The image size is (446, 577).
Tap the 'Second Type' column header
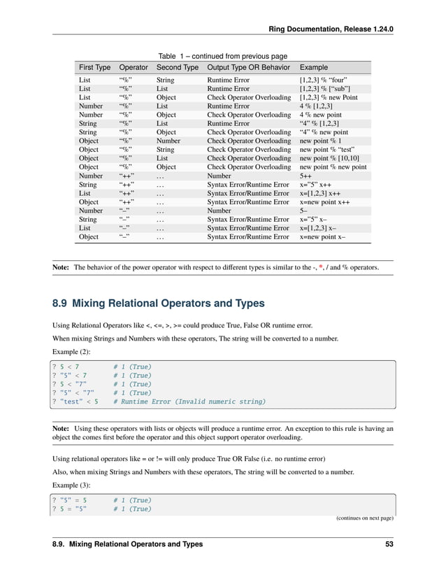pos(177,67)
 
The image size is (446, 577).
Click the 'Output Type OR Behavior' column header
pos(249,67)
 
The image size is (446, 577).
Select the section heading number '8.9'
pos(59,304)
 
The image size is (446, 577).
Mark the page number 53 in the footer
pos(389,544)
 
